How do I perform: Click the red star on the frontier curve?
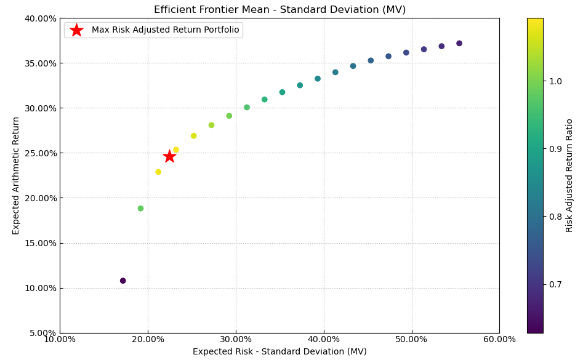click(169, 156)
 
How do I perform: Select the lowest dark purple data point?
click(123, 281)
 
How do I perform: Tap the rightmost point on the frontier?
click(459, 44)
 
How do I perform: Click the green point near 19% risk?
click(140, 209)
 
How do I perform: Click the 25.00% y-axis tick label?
click(39, 153)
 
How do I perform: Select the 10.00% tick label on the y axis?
click(39, 288)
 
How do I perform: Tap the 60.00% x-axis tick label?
click(499, 340)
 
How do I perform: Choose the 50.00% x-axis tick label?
click(411, 340)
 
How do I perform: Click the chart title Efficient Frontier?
click(279, 10)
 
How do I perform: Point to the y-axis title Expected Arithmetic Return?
click(16, 175)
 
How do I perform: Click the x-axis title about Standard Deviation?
click(279, 352)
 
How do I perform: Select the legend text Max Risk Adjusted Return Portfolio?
click(165, 30)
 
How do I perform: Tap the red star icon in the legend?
click(76, 30)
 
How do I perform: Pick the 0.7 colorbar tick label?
click(555, 284)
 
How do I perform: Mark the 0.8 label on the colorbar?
click(555, 217)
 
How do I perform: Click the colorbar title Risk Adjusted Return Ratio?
click(569, 175)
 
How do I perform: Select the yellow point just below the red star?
click(158, 172)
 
